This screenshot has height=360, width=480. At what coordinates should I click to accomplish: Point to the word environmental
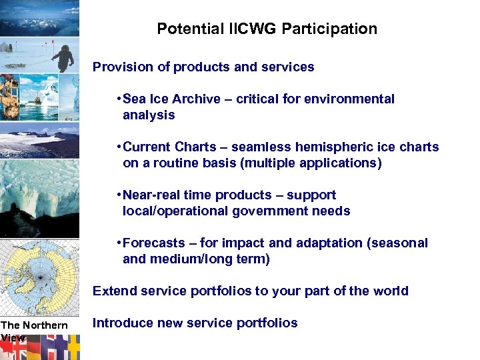pyautogui.click(x=347, y=99)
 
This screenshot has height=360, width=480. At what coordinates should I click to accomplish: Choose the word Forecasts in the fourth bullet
pyautogui.click(x=153, y=243)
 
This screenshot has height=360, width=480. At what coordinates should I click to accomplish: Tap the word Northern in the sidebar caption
pyautogui.click(x=45, y=325)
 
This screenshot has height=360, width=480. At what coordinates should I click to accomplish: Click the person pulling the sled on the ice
pyautogui.click(x=64, y=56)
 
